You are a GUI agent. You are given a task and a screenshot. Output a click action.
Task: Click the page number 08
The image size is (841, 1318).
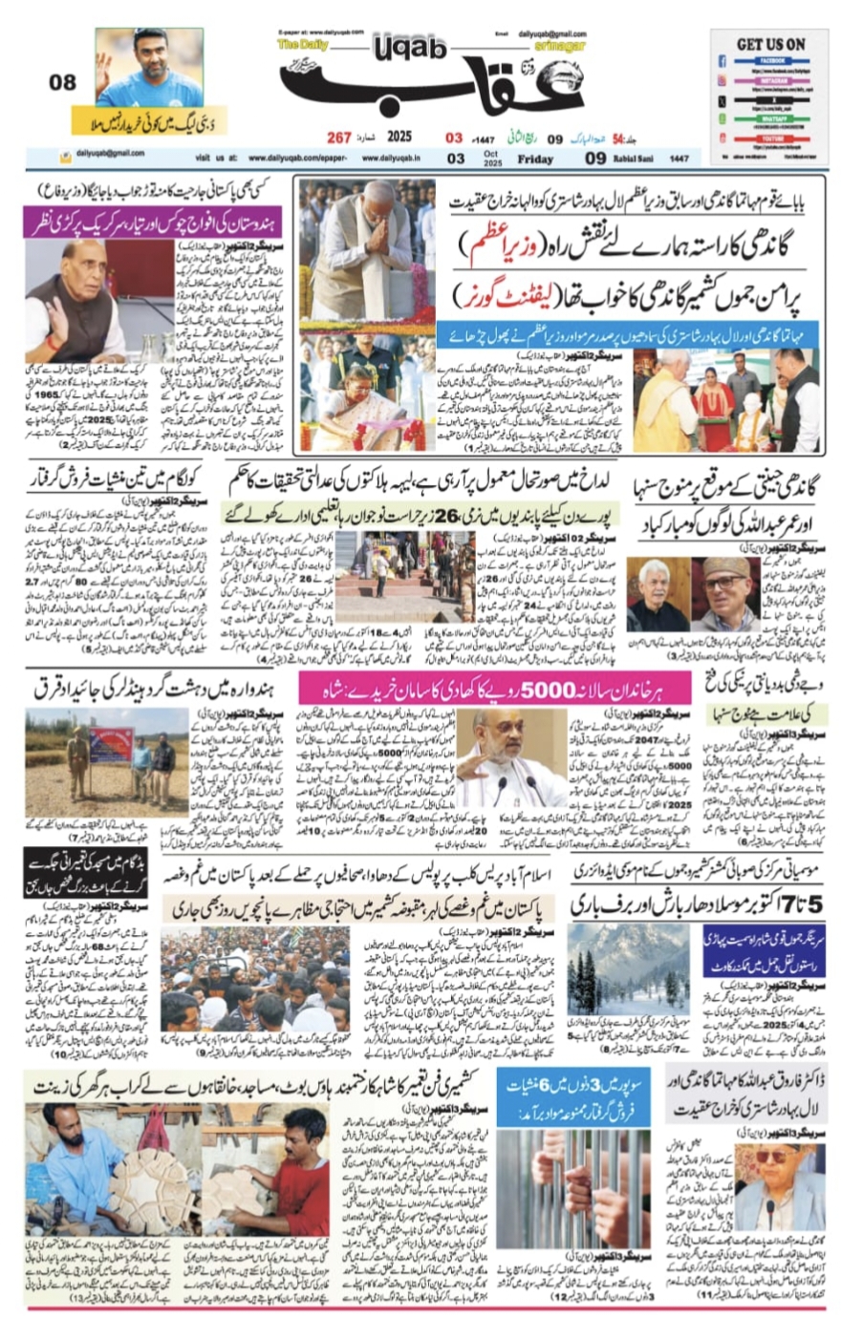point(62,83)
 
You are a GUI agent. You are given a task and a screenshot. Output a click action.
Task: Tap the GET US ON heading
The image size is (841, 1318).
point(770,44)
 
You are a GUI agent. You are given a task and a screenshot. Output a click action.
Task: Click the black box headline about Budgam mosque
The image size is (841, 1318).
point(85,873)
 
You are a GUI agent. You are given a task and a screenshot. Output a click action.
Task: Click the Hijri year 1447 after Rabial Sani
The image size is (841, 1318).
point(679,159)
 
